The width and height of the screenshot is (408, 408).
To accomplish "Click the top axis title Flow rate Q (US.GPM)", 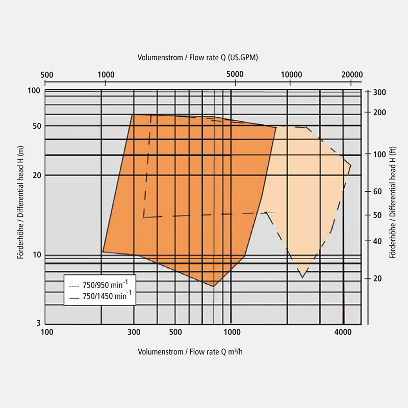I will [x=198, y=58].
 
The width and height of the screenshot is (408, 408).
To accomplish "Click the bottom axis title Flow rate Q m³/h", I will [x=193, y=352].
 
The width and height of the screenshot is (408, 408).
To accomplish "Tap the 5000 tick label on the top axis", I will [x=235, y=73].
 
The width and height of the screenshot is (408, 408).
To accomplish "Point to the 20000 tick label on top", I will [x=351, y=73].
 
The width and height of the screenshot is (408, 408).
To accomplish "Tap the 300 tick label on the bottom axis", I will [x=134, y=333].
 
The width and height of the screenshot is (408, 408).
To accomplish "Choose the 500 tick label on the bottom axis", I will [x=175, y=333].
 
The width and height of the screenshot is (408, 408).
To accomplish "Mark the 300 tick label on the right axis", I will [x=379, y=92].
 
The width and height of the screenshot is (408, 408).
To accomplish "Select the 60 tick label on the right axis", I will [x=377, y=192].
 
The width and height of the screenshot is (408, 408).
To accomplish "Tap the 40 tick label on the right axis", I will [x=377, y=241].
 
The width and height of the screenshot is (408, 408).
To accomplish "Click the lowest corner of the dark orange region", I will [x=213, y=286].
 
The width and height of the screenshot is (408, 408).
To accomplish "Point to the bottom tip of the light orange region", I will [x=302, y=277].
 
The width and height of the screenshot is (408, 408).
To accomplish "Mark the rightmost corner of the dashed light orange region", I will [x=351, y=165].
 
